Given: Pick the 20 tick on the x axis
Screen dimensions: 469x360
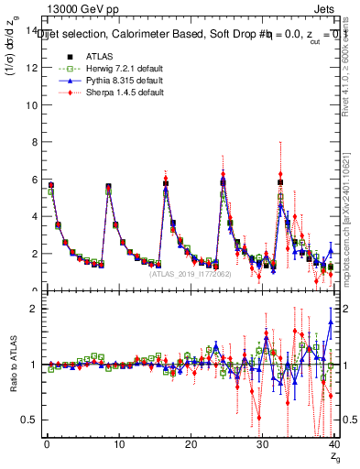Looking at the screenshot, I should point(190,444).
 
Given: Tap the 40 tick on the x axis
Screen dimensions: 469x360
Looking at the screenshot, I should point(333,444).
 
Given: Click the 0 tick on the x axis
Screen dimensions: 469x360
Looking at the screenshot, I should point(47,444).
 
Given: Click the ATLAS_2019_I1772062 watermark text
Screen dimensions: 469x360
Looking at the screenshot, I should point(189,273).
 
